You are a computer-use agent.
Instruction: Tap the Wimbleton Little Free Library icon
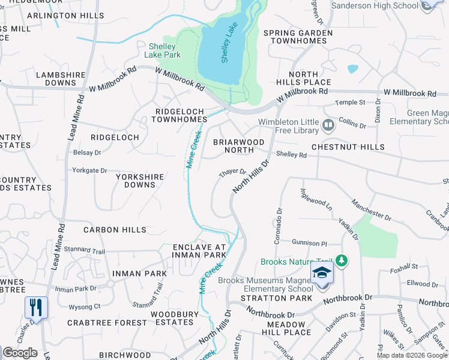[328, 125]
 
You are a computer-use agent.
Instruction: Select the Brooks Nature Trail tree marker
[342, 261]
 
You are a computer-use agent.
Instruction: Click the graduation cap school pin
[322, 272]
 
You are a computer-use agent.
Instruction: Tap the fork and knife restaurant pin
[36, 308]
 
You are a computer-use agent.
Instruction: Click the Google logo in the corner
[20, 352]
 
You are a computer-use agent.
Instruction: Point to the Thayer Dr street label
[233, 172]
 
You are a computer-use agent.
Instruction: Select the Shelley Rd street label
[292, 155]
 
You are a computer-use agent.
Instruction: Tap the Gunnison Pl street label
[310, 244]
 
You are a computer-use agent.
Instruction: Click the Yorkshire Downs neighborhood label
[136, 181]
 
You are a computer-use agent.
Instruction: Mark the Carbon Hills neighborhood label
[115, 230]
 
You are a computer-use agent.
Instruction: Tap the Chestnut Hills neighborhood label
[348, 147]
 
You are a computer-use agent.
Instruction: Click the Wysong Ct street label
[85, 307]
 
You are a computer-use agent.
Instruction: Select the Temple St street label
[350, 103]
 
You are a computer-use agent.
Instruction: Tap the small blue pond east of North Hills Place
[352, 68]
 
